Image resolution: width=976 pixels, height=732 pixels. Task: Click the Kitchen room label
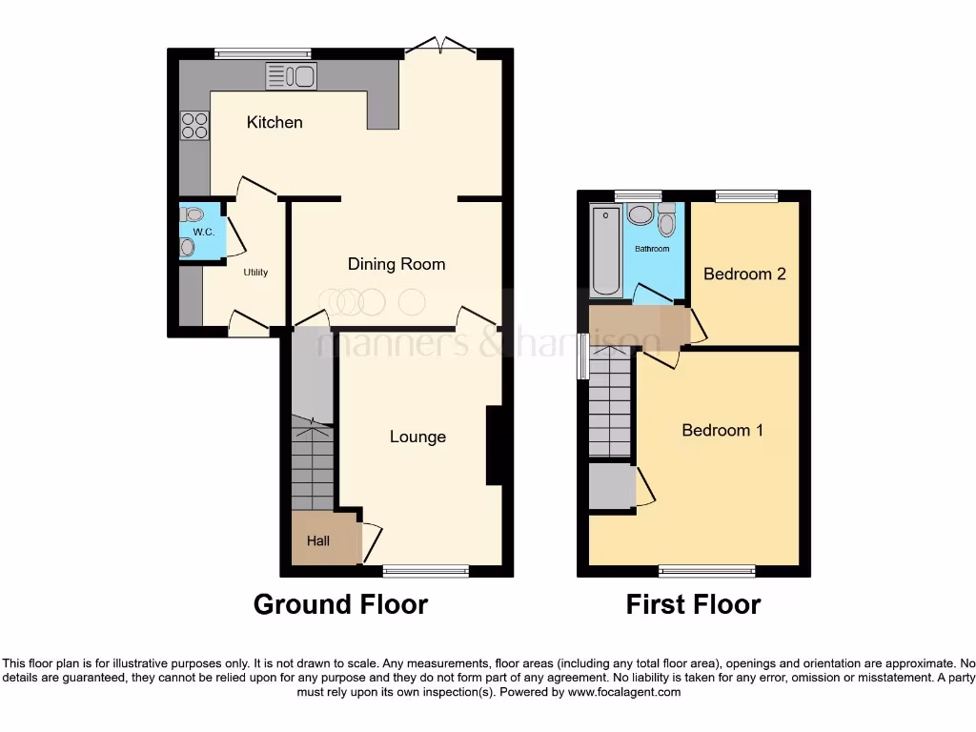pyautogui.click(x=274, y=122)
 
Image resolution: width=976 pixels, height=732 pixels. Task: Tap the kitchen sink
pyautogui.click(x=291, y=76)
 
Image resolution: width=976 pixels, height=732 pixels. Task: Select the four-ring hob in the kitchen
pyautogui.click(x=194, y=126)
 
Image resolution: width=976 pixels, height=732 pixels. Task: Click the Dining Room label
pyautogui.click(x=396, y=264)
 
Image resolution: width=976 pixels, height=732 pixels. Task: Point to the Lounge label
pyautogui.click(x=417, y=437)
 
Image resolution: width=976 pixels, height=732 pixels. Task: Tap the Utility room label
pyautogui.click(x=255, y=273)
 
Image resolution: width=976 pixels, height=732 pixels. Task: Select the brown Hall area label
pyautogui.click(x=318, y=541)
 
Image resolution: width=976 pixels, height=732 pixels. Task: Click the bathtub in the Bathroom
pyautogui.click(x=605, y=250)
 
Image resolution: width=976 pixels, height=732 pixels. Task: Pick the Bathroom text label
pyautogui.click(x=653, y=250)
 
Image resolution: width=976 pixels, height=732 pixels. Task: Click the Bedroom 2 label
pyautogui.click(x=744, y=274)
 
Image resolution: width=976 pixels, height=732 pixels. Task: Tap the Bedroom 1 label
pyautogui.click(x=722, y=431)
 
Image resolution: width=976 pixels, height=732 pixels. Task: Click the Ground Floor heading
pyautogui.click(x=340, y=604)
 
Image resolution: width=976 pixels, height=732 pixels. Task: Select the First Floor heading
pyautogui.click(x=693, y=604)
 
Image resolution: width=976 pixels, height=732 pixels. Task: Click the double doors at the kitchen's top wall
pyautogui.click(x=438, y=45)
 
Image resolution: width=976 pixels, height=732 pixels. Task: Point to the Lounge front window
pyautogui.click(x=425, y=572)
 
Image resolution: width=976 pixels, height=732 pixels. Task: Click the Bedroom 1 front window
pyautogui.click(x=706, y=572)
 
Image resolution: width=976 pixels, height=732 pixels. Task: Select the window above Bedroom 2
pyautogui.click(x=746, y=195)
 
